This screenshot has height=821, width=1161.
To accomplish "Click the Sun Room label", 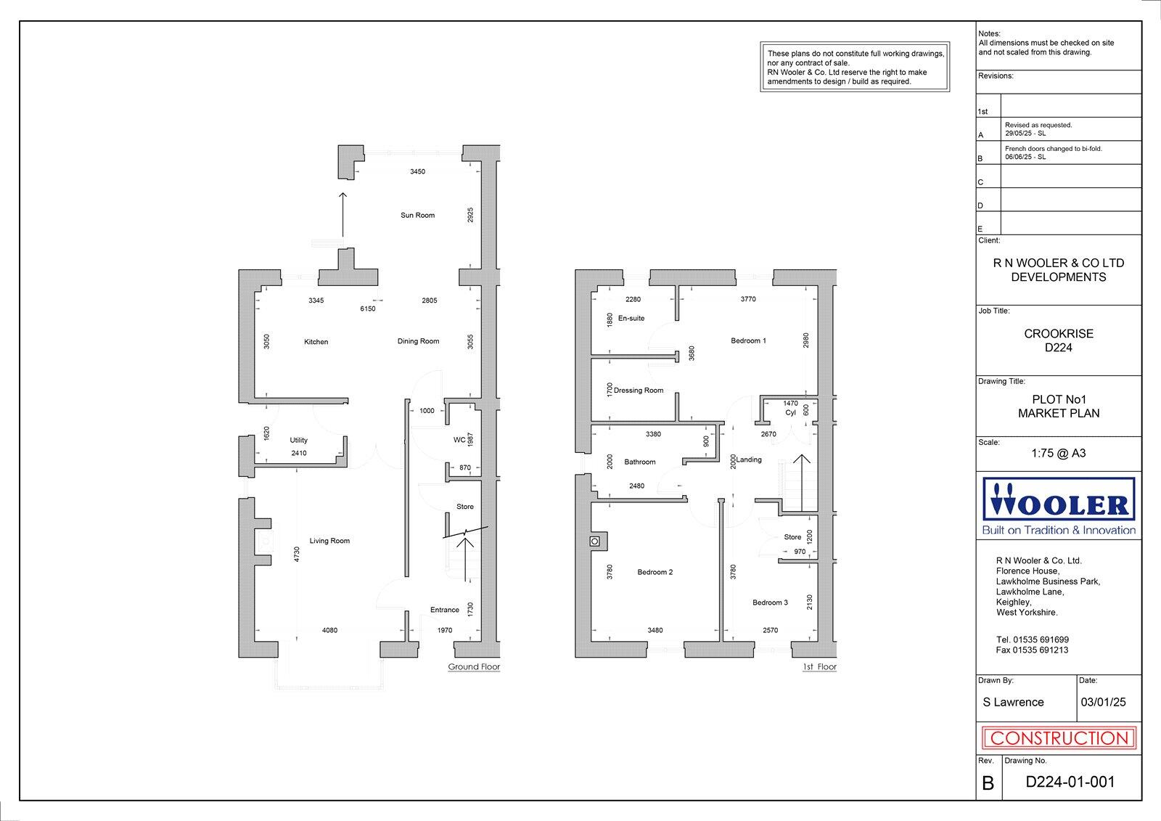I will pos(417,216).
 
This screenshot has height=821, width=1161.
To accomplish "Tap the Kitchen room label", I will pos(316,342).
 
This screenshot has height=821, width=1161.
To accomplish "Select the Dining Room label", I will pos(419,341).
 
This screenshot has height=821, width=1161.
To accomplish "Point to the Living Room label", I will pos(329,541).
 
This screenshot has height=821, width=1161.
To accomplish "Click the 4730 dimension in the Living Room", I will pos(297,555).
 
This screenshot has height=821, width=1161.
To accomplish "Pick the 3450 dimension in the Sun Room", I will pos(417,172).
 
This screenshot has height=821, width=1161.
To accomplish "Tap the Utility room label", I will pos(298,441).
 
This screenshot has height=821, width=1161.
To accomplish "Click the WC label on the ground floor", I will pos(459,440).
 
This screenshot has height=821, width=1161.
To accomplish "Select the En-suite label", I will pos(631,319).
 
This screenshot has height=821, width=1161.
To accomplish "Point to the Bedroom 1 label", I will pos(748,341).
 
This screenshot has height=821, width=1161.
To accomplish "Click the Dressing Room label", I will pos(639,391).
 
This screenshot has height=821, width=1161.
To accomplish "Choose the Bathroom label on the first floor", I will pos(640,462).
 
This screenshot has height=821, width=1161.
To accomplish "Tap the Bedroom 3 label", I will pos(770,603).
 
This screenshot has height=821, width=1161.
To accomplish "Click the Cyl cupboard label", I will pos(790,413).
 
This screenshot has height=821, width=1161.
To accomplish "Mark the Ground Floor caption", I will pos(474,667).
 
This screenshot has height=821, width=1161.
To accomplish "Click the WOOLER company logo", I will pos(1059,506).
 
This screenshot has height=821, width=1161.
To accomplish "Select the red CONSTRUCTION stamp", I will pos(1059,739).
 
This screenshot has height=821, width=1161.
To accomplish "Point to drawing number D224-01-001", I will pos(1070,783).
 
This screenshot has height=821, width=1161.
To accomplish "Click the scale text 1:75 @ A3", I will pos(1059,454).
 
